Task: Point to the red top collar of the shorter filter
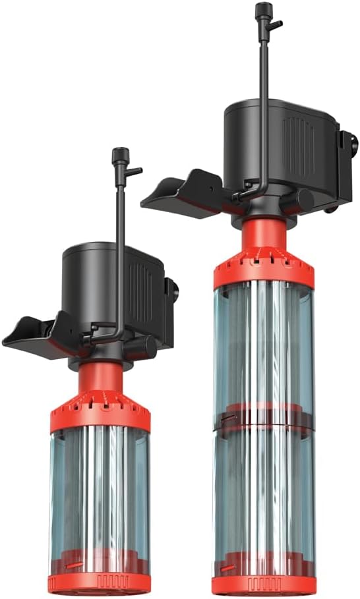click(x=100, y=414)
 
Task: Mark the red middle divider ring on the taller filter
click(x=263, y=418)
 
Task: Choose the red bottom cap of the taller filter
click(x=263, y=584)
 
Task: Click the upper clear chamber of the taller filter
click(x=263, y=343)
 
